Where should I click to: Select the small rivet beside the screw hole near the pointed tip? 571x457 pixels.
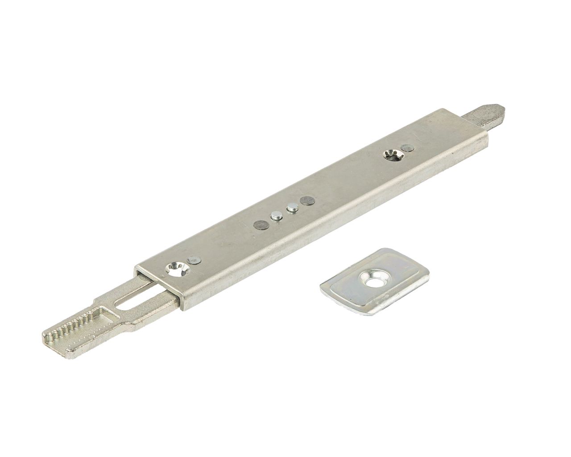[406, 148]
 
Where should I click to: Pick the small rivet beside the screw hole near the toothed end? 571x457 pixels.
[193, 259]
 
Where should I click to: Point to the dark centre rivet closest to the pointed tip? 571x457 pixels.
[306, 201]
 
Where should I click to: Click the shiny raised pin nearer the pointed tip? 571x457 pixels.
[292, 208]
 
